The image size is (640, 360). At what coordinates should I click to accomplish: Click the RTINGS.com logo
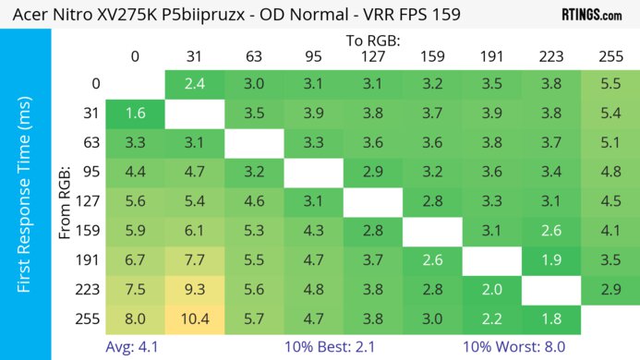coord(591,15)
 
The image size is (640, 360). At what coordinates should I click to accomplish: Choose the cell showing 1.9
coord(550,261)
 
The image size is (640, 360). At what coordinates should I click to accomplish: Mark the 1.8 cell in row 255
coord(550,320)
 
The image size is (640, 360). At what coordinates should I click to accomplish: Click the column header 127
coord(371,57)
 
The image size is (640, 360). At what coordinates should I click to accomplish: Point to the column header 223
coord(550,57)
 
